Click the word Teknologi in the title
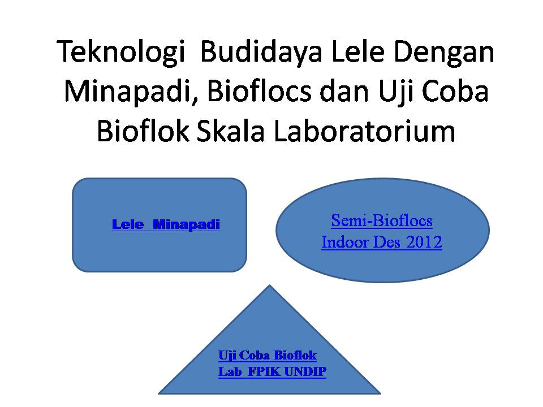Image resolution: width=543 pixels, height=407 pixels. pos(120,53)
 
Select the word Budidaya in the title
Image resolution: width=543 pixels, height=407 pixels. pos(261,53)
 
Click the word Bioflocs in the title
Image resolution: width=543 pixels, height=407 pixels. pos(259,92)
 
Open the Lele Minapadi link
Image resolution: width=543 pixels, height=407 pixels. pos(166,224)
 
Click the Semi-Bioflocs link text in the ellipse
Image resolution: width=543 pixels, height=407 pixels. pos(382,221)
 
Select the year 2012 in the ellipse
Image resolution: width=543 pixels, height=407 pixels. pos(424,242)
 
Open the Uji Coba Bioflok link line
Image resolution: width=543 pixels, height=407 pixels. pos(268,356)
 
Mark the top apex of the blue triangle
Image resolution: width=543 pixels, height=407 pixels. pos(269,285)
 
